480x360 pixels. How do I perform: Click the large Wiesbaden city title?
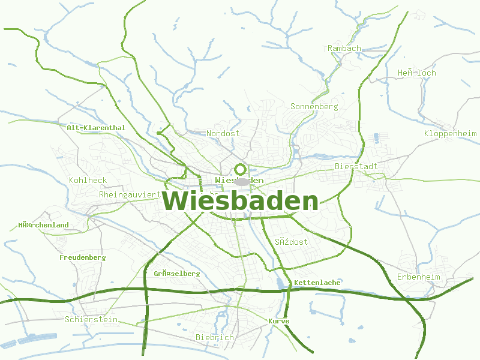point(240,202)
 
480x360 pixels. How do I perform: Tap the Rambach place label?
point(344,48)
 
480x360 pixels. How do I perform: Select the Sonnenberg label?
point(314,106)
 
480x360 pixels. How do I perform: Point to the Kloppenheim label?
point(450,133)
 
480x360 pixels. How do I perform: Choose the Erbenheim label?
point(418,277)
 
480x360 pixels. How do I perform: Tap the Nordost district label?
point(223,133)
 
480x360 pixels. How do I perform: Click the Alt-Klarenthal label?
point(96,128)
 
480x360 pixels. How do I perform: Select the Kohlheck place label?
point(88,180)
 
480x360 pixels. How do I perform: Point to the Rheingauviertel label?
point(130,194)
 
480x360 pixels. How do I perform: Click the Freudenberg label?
point(82,257)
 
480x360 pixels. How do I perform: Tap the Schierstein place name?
point(91,320)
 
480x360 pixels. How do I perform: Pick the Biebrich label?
point(215,337)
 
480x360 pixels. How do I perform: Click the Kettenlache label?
point(317,283)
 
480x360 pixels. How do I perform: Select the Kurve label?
point(278,322)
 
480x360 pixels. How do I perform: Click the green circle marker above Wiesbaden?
point(240,169)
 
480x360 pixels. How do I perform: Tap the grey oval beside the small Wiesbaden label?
point(242,181)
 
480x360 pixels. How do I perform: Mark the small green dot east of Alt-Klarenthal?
point(158,133)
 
